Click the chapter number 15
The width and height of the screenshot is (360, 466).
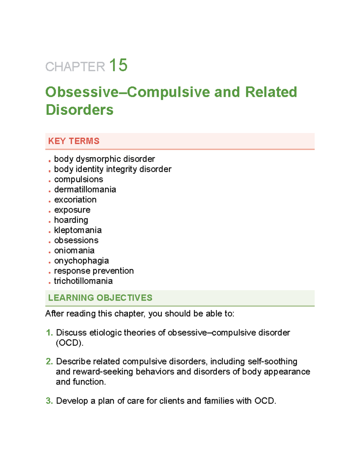(118, 65)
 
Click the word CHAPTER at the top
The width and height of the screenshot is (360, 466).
(75, 67)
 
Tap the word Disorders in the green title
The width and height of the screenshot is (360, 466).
(79, 110)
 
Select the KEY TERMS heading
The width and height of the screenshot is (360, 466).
(74, 141)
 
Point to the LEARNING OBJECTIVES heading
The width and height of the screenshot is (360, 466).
(100, 298)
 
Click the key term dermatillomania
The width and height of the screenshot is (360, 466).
(85, 189)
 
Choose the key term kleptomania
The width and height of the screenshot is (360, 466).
(78, 230)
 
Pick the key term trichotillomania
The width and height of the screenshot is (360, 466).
(83, 281)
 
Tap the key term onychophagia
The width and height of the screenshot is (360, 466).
(81, 261)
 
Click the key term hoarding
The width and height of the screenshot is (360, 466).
(71, 220)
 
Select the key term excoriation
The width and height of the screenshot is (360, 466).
(75, 200)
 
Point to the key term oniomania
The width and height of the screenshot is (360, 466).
(74, 250)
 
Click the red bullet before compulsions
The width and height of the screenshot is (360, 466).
(49, 181)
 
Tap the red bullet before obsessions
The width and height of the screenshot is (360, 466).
(49, 242)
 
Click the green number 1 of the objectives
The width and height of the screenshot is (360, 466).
(49, 332)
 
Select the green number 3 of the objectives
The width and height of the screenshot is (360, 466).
(49, 401)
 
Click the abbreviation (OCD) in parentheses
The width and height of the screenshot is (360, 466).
(70, 343)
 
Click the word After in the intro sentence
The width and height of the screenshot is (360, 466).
(55, 314)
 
